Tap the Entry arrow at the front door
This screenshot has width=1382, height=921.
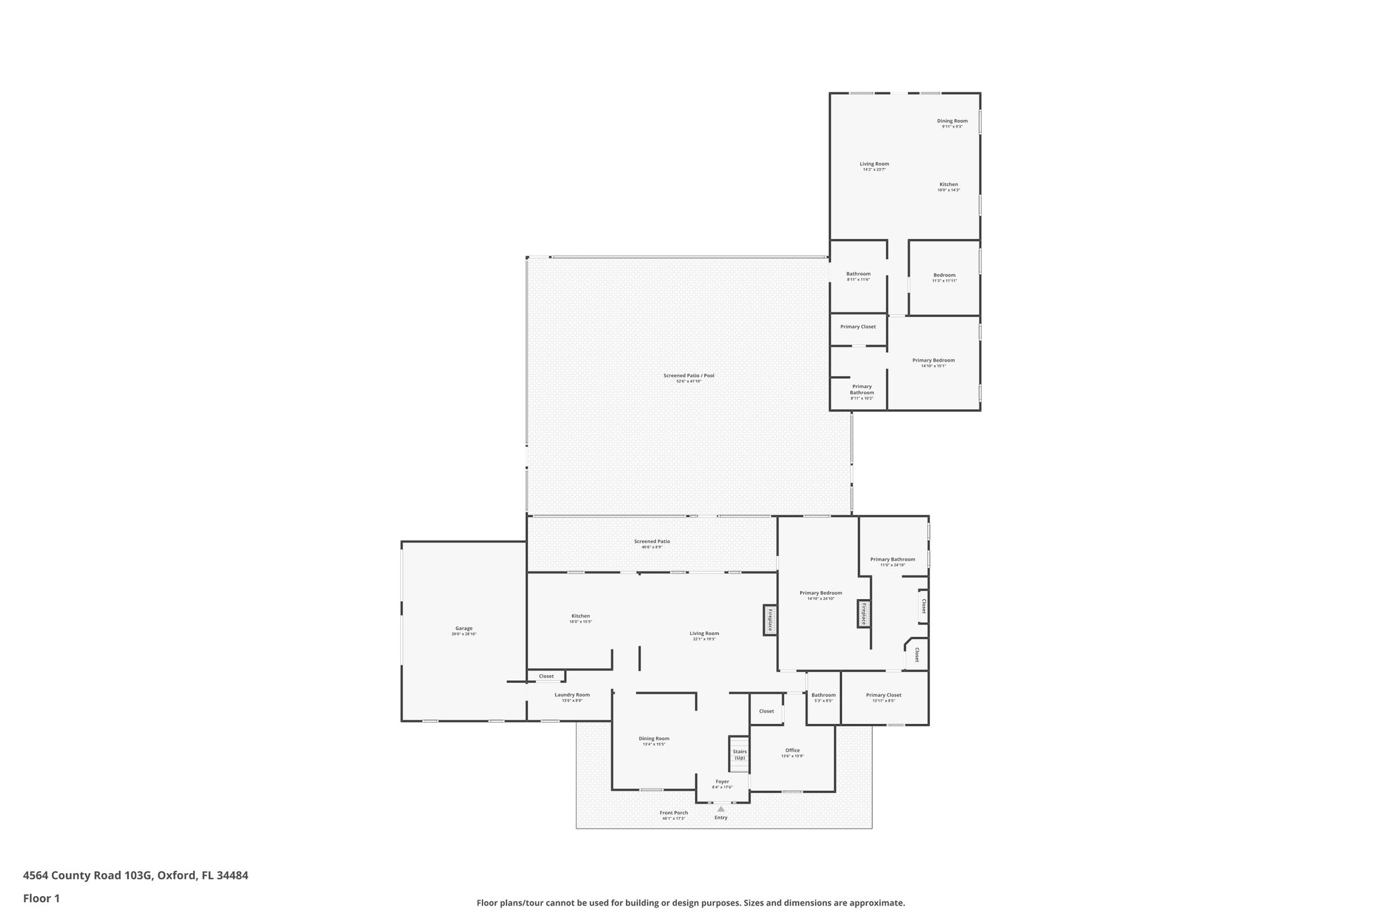pos(721,809)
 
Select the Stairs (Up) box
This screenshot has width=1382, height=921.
pos(740,754)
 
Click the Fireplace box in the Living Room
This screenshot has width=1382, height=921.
pos(770,619)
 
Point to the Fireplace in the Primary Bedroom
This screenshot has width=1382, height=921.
pos(863,613)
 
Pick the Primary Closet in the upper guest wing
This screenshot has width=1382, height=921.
pos(858,327)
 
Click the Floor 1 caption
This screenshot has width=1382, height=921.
pos(41,898)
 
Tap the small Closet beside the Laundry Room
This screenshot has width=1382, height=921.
pos(546,676)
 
